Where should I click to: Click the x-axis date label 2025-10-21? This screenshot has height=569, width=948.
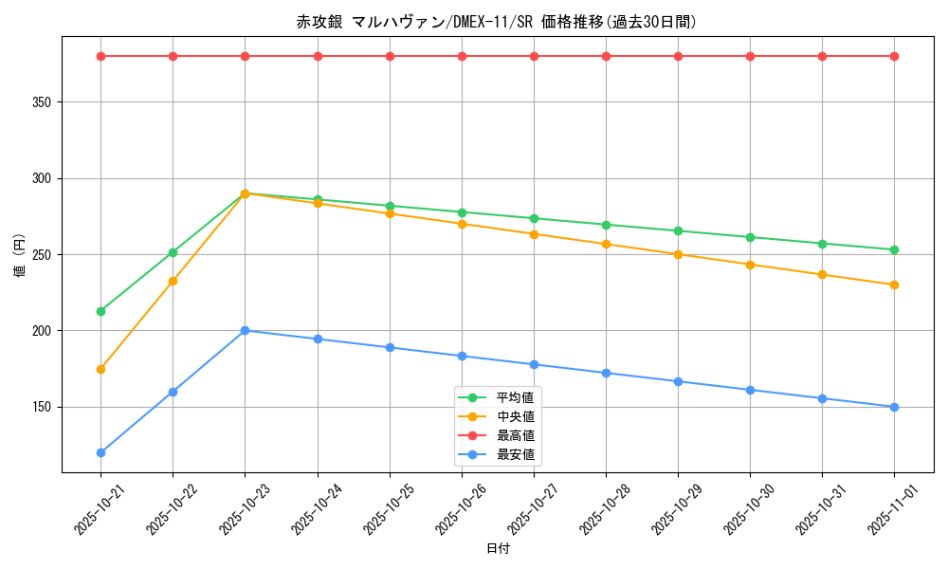point(95,508)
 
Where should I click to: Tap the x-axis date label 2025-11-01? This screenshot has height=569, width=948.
point(888,508)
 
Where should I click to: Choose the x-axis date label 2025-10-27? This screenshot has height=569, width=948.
point(528,508)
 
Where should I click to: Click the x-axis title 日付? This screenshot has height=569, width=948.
point(498,549)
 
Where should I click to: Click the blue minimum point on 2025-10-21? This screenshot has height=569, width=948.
point(100,452)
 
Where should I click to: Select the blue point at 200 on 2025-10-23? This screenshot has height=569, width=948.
point(245,330)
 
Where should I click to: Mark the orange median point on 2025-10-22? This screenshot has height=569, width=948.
point(173,281)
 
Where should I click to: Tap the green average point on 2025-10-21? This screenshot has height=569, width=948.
point(100,311)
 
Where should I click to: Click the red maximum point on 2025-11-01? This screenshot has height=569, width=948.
point(894,56)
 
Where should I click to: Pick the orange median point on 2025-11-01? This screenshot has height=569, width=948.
point(894,284)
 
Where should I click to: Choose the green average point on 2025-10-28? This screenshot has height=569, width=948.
point(606,225)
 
